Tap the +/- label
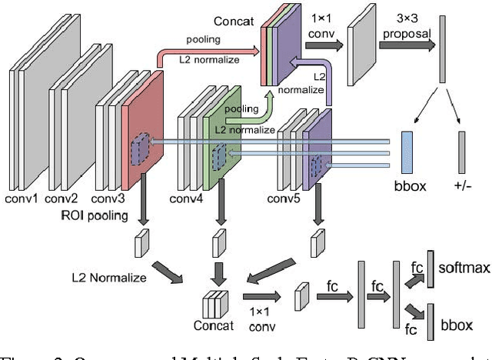(462, 186)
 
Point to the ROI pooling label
(94, 215)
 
